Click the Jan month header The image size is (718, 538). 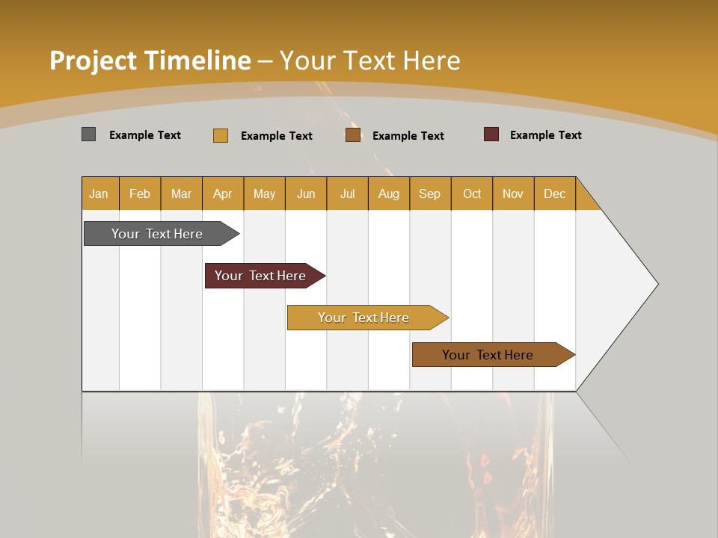pyautogui.click(x=99, y=194)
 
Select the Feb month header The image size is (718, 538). pyautogui.click(x=140, y=194)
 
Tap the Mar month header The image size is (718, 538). pyautogui.click(x=181, y=194)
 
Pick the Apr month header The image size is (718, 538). pyautogui.click(x=223, y=194)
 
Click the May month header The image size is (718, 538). pyautogui.click(x=264, y=194)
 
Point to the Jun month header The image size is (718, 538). pyautogui.click(x=306, y=194)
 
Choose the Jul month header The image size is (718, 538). pyautogui.click(x=347, y=194)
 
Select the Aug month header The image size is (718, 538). pyautogui.click(x=389, y=194)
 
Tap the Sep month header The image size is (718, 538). pyautogui.click(x=430, y=194)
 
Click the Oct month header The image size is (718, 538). pyautogui.click(x=472, y=194)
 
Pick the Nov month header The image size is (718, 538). pyautogui.click(x=513, y=194)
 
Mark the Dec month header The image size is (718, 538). pyautogui.click(x=555, y=194)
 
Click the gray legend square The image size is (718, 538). pyautogui.click(x=88, y=134)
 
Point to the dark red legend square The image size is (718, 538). pyautogui.click(x=491, y=134)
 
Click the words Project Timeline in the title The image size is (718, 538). pyautogui.click(x=150, y=61)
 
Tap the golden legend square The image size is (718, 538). pyautogui.click(x=220, y=135)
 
